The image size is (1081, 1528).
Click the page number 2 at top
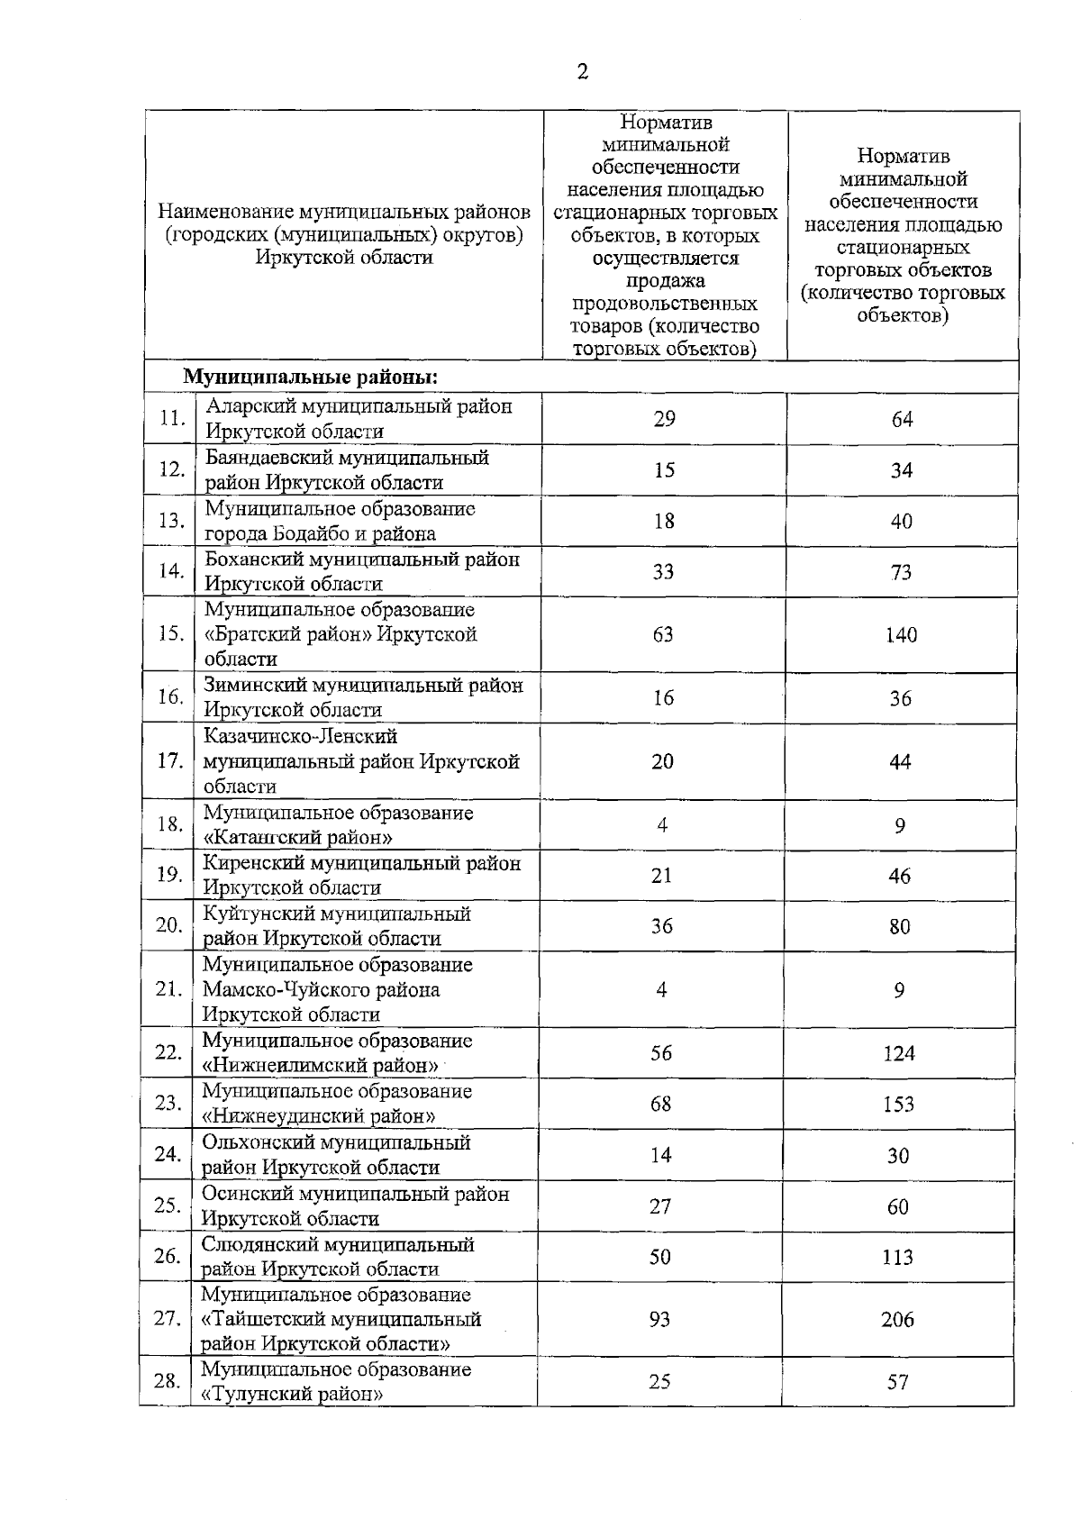[582, 73]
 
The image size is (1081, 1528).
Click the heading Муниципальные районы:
[311, 377]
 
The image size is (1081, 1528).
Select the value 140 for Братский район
[901, 635]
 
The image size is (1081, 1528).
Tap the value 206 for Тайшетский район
[897, 1320]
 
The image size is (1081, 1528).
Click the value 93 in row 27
[660, 1320]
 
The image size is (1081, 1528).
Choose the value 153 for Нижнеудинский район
[898, 1105]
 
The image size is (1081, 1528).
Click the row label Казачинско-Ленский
[300, 736]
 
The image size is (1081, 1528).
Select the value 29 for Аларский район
[664, 419]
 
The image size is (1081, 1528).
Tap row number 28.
[167, 1380]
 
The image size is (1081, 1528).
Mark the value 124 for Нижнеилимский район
[898, 1053]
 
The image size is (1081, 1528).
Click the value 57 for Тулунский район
[897, 1381]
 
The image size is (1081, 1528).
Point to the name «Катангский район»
[298, 838]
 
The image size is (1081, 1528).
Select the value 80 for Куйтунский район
[899, 927]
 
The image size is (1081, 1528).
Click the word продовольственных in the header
[664, 305]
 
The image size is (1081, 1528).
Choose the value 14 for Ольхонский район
[660, 1156]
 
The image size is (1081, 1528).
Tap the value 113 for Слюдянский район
[897, 1258]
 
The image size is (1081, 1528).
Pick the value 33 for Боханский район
[663, 572]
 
